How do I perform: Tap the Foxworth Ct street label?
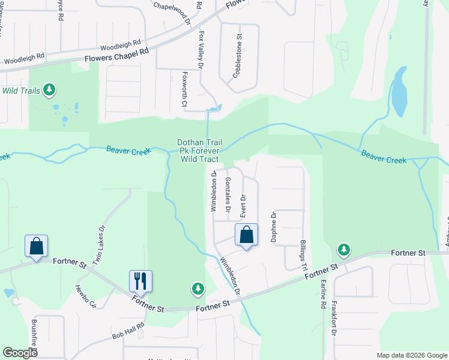click(x=185, y=91)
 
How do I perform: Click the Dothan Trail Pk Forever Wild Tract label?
click(x=200, y=151)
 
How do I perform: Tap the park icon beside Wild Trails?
click(x=49, y=91)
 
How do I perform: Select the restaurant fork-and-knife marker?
click(x=140, y=280)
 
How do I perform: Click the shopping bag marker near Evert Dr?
click(x=247, y=235)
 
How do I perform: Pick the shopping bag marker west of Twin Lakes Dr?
click(x=36, y=245)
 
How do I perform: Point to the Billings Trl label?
click(x=303, y=256)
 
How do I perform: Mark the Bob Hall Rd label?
click(x=128, y=332)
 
